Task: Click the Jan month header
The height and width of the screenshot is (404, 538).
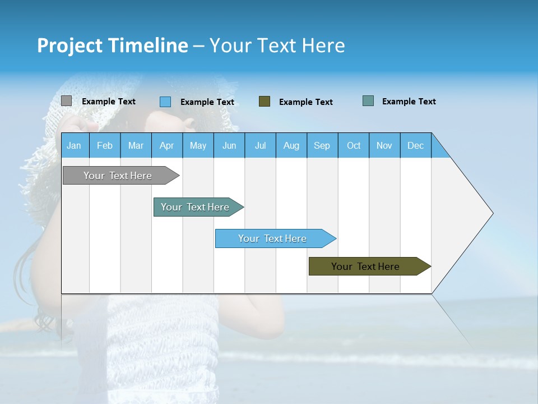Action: (75, 145)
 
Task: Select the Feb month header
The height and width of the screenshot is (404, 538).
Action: (105, 145)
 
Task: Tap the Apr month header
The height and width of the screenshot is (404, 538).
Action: (167, 145)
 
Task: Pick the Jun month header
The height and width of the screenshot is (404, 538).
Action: (229, 145)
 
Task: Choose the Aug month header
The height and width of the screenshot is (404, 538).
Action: (291, 145)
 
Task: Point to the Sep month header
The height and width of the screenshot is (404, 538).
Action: (322, 145)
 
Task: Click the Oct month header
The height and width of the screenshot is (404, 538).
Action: (354, 145)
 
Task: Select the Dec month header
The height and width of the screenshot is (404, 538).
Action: (416, 145)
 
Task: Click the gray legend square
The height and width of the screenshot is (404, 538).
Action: (66, 101)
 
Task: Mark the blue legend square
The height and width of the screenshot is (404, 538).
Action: (165, 102)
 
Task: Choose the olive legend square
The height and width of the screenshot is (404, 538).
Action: (265, 102)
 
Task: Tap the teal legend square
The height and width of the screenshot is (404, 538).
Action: (368, 101)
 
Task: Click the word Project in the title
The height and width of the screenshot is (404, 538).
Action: (70, 45)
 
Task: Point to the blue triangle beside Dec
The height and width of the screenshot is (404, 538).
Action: (439, 149)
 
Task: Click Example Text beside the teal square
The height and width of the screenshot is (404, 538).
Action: (409, 102)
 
